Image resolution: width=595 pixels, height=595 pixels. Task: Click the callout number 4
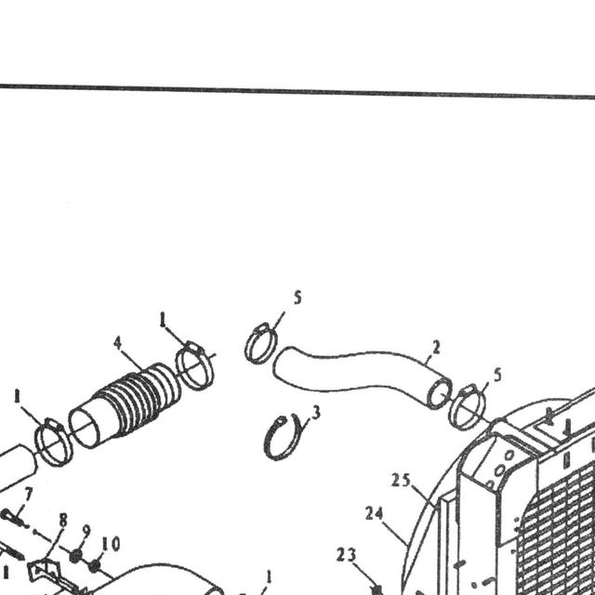(118, 343)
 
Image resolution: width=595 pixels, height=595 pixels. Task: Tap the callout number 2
(436, 347)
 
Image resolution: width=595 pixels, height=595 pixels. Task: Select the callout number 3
(316, 413)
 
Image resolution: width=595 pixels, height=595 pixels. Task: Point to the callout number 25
(401, 481)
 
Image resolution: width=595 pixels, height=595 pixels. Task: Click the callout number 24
(374, 514)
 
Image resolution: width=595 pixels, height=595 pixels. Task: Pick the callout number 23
(346, 555)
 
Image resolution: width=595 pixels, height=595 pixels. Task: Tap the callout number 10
(111, 544)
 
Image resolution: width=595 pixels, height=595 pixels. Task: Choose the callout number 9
(86, 532)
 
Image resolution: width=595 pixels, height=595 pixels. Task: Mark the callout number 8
(63, 521)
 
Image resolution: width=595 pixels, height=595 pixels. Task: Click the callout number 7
(29, 494)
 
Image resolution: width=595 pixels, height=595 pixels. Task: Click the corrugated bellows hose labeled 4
(126, 405)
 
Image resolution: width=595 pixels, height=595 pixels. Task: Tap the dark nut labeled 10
(94, 566)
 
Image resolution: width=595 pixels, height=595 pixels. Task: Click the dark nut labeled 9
(76, 556)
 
